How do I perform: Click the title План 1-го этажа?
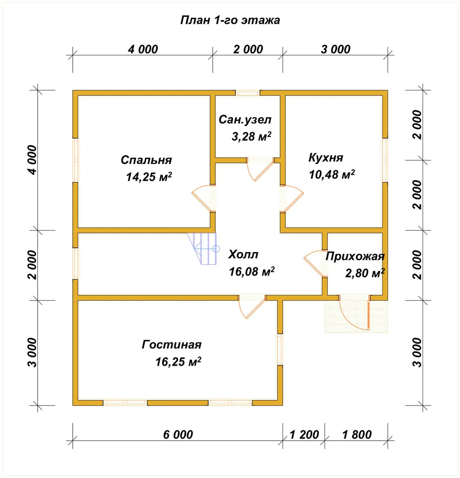point(230,20)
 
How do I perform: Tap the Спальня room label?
point(146,160)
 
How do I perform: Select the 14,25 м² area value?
point(149,177)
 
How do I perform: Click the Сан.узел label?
point(245,119)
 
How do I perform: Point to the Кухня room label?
point(326,158)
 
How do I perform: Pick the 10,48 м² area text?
point(332,174)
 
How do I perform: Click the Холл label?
point(243,254)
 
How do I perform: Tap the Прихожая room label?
point(355,257)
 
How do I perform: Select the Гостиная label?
point(172,345)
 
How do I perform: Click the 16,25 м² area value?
point(178,362)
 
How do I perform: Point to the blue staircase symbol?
point(203,249)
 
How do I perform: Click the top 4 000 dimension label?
point(143,49)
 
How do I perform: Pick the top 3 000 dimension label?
point(336,49)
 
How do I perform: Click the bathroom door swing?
point(260,169)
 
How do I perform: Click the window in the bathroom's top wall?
point(248,93)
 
